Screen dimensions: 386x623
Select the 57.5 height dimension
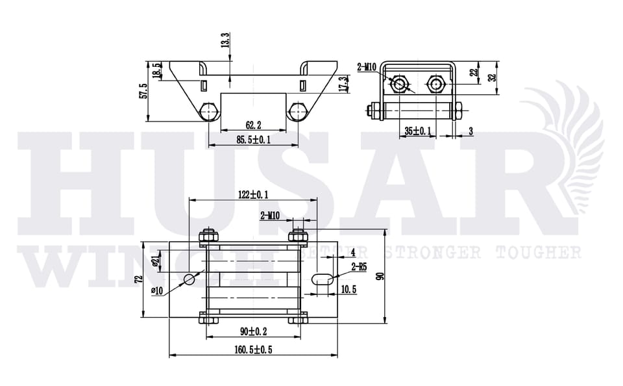(144, 91)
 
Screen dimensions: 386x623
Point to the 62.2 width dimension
(254, 125)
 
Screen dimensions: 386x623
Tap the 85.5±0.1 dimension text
(253, 140)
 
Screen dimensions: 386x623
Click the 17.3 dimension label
(343, 83)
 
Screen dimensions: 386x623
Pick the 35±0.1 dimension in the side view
(417, 131)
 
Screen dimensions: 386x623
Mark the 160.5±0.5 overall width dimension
(252, 350)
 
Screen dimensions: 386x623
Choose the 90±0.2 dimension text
(252, 331)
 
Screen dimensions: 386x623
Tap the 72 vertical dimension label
(138, 280)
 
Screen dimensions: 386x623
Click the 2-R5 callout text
(358, 266)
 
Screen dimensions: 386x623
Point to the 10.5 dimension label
(348, 290)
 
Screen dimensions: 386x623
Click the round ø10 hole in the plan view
(189, 279)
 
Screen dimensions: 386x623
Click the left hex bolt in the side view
(398, 84)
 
